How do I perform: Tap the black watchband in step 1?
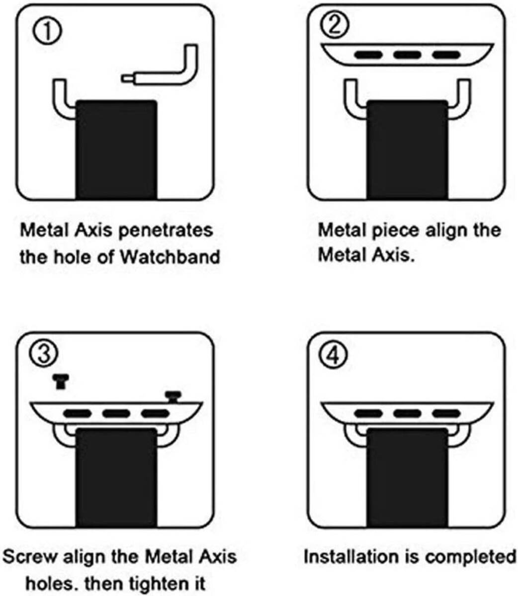116,149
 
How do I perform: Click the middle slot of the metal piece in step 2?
407,55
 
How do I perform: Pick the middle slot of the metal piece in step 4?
407,413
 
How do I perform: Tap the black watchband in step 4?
407,477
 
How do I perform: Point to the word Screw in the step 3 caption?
30,556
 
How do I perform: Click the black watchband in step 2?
407,149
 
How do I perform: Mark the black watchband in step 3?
116,477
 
